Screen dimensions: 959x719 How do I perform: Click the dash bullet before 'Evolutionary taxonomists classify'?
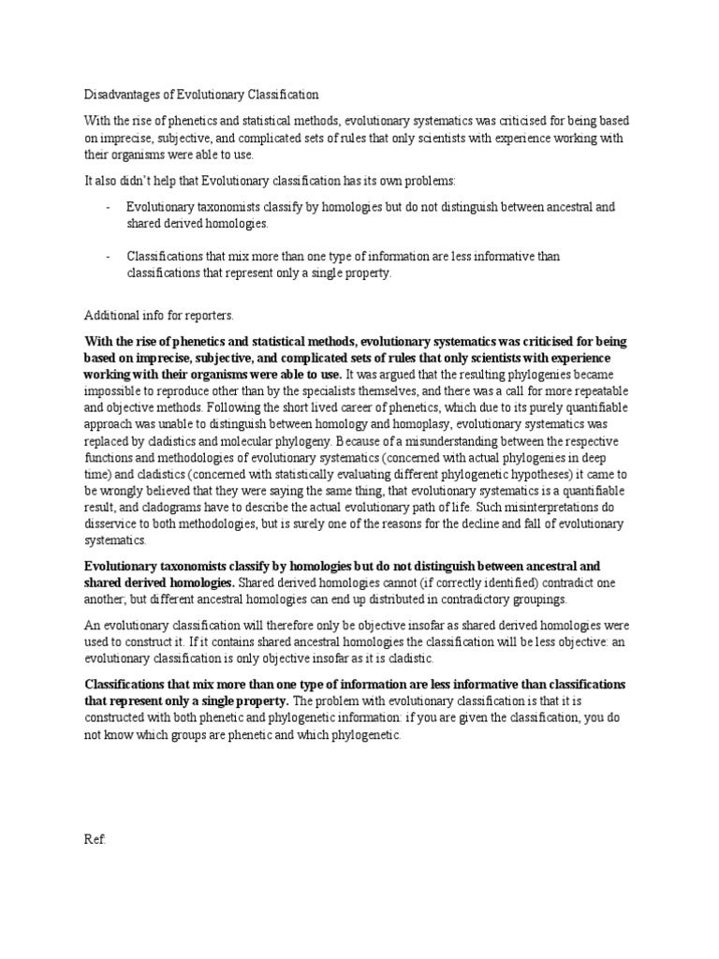coord(109,207)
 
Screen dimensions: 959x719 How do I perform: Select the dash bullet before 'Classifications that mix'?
coord(109,257)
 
